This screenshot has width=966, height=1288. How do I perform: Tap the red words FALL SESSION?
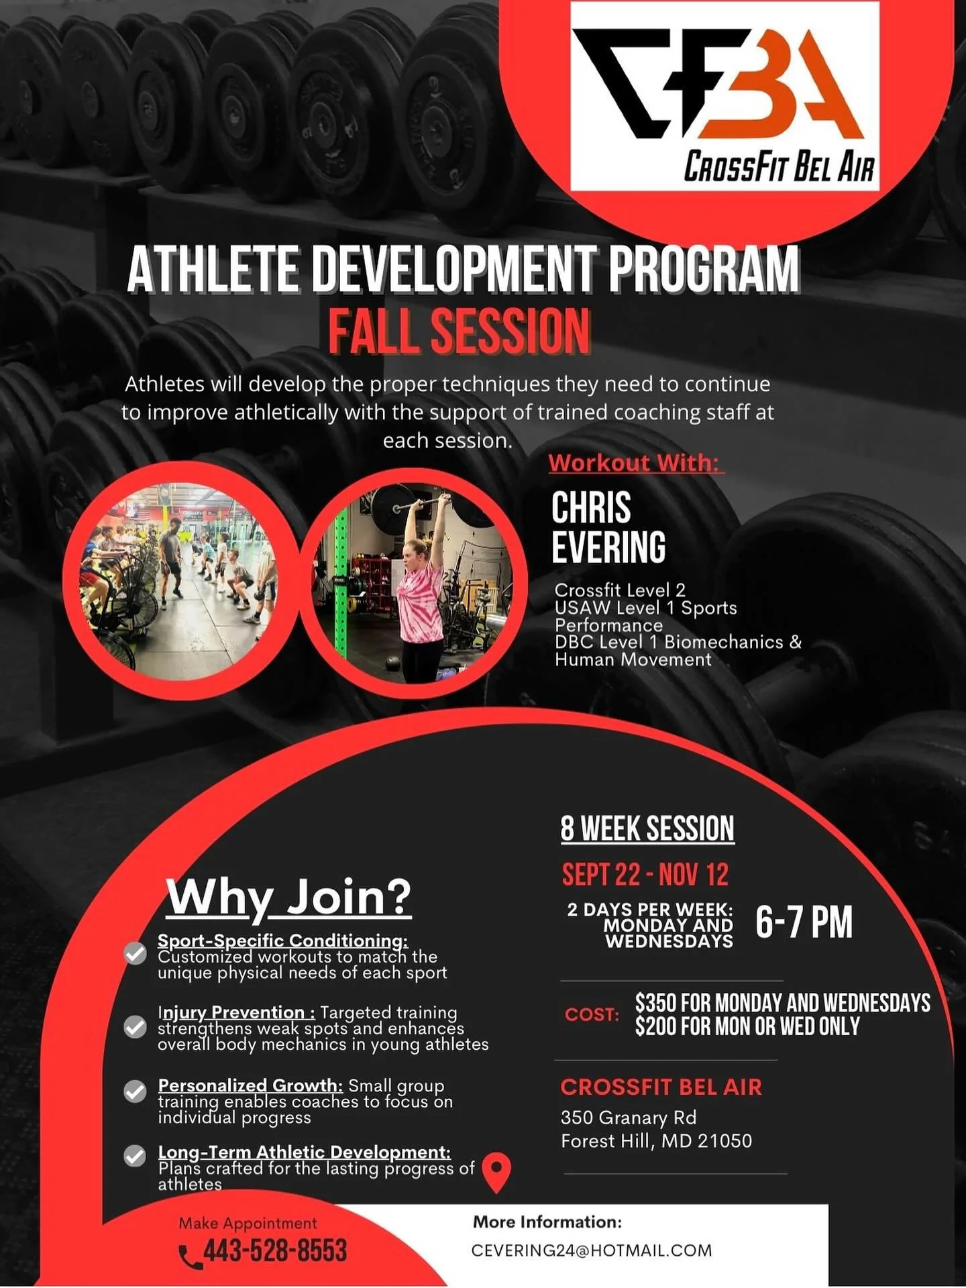coord(459,331)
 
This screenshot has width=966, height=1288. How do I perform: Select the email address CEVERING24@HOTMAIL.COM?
coord(592,1250)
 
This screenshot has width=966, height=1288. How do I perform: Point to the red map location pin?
coord(496,1171)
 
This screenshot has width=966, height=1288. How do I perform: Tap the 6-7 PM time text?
coord(804,922)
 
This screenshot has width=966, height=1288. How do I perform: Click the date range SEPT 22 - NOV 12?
coord(645,875)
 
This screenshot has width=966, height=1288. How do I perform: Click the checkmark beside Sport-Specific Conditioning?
coord(136,954)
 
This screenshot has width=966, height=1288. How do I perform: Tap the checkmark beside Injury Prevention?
coord(136,1027)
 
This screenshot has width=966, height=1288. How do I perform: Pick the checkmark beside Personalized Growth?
coord(136,1091)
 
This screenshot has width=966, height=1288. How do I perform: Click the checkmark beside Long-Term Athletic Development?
coord(136,1156)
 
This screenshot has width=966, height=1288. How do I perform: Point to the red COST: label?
coord(592,1014)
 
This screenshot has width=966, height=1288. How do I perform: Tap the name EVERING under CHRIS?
coord(608,547)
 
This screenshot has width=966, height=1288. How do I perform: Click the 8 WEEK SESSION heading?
coord(647,828)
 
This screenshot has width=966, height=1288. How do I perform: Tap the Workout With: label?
coord(634,463)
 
